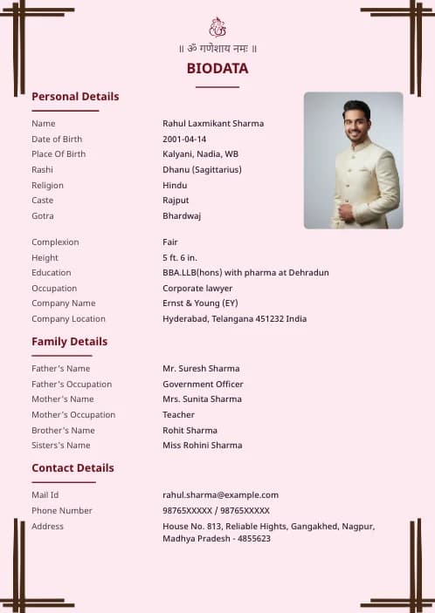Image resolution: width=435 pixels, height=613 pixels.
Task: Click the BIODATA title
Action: click(x=217, y=68)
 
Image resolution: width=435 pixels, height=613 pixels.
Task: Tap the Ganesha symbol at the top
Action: click(x=217, y=27)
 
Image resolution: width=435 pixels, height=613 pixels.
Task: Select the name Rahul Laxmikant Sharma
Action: click(x=213, y=124)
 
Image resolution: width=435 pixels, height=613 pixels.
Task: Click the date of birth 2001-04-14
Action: click(x=184, y=139)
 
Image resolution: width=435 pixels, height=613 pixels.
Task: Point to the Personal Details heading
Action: click(x=75, y=97)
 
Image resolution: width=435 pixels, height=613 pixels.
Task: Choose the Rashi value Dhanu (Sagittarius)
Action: click(x=202, y=169)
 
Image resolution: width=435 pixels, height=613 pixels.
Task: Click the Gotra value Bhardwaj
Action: click(x=182, y=215)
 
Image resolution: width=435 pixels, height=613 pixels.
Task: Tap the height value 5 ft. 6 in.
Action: click(x=180, y=257)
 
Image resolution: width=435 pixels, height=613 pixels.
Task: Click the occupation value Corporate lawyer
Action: click(x=197, y=288)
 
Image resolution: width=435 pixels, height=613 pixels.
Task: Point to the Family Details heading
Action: click(x=70, y=342)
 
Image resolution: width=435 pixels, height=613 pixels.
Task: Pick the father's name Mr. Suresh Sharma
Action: click(x=201, y=369)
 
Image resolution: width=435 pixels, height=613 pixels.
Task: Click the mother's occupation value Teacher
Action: click(x=178, y=415)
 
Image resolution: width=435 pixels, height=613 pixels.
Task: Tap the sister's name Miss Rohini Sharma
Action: click(x=203, y=446)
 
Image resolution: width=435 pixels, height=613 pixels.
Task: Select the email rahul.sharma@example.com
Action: click(x=220, y=495)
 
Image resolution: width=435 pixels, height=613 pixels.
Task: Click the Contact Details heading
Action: click(x=72, y=468)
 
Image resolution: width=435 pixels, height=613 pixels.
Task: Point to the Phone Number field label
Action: click(x=62, y=511)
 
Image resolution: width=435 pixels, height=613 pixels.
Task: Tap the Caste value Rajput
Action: click(x=176, y=201)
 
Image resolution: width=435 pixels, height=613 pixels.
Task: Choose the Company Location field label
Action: click(x=68, y=319)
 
